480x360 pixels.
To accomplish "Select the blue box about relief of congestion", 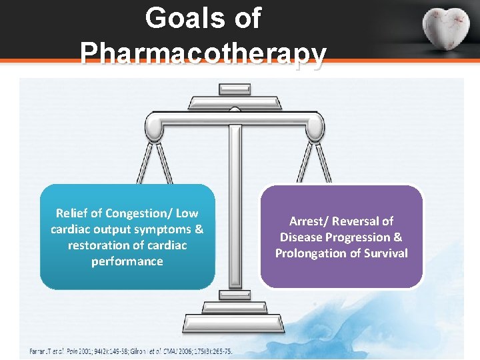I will pyautogui.click(x=127, y=237).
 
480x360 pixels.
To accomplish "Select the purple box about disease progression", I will pyautogui.click(x=341, y=237).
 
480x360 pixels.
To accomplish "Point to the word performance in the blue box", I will pyautogui.click(x=127, y=261).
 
